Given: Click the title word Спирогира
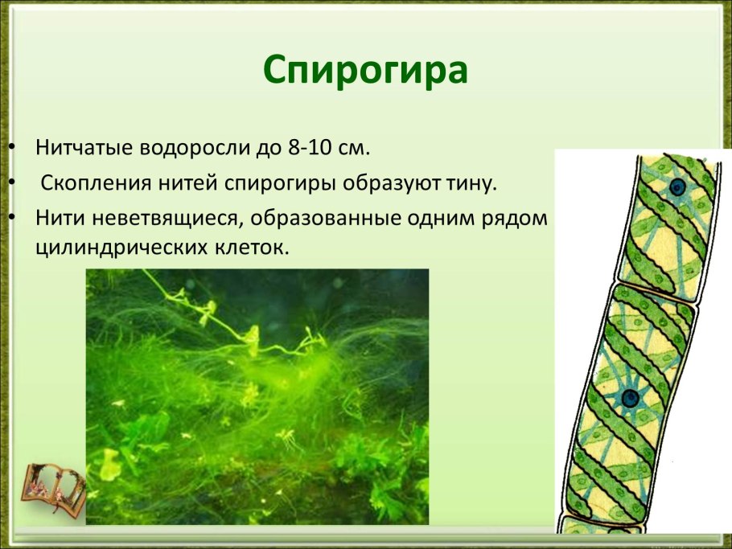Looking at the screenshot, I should pyautogui.click(x=365, y=71).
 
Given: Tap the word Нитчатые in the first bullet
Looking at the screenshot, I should pyautogui.click(x=84, y=149).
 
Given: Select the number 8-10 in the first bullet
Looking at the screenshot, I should pyautogui.click(x=306, y=149).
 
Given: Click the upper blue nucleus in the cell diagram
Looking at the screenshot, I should pyautogui.click(x=677, y=187).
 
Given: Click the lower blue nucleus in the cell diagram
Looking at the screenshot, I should pyautogui.click(x=629, y=397).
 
